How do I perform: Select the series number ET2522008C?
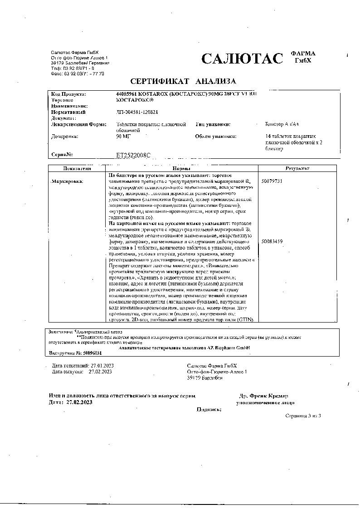click(x=133, y=155)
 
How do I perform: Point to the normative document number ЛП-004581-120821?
click(x=137, y=112)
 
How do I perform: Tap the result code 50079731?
click(x=272, y=181)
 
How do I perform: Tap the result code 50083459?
click(x=272, y=242)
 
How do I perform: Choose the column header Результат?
click(x=297, y=168)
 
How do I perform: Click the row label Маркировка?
click(x=68, y=181)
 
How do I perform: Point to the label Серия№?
click(x=63, y=155)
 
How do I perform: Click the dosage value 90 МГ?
click(x=123, y=136)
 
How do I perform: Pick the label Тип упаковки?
click(x=213, y=124)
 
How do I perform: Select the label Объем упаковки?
click(x=216, y=136)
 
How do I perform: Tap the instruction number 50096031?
click(x=92, y=352)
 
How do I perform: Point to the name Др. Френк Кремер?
click(x=264, y=396)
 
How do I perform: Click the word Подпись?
click(x=209, y=409)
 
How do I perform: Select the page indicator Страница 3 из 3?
click(x=303, y=416)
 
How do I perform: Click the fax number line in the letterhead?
click(x=78, y=73)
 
